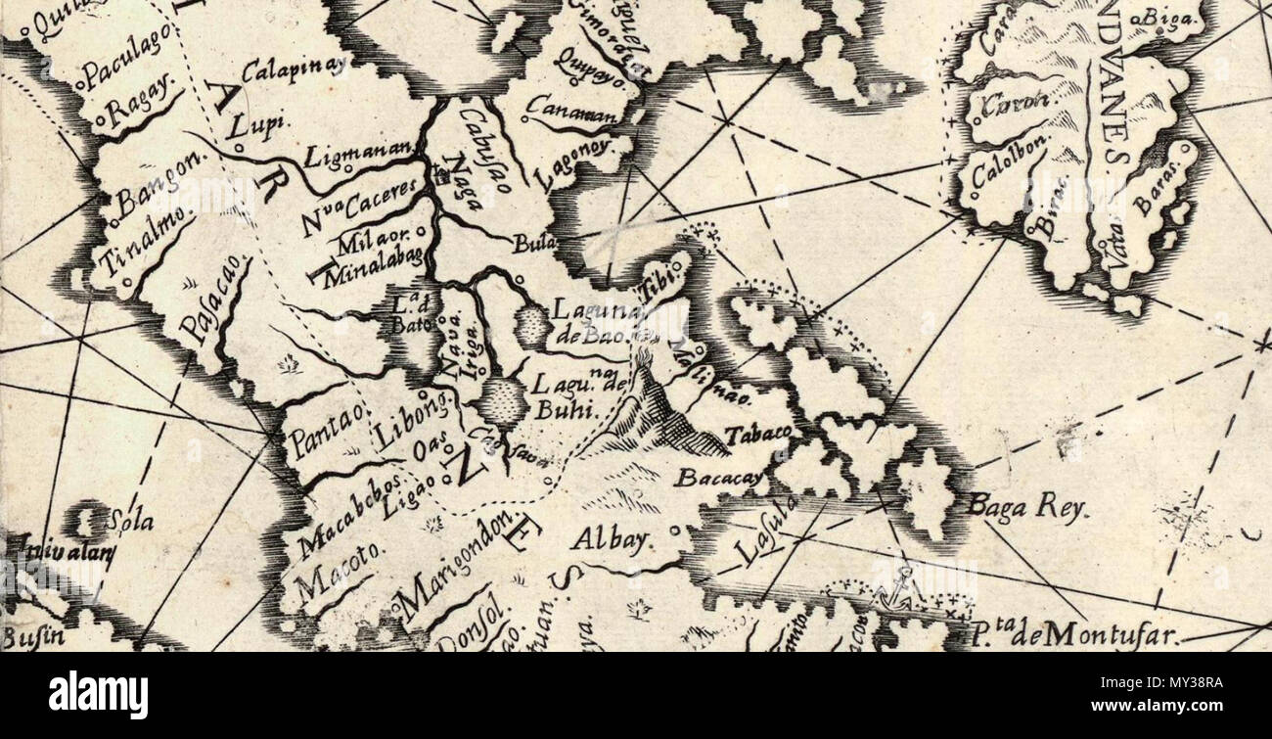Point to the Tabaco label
click(x=757, y=433)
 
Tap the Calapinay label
click(x=294, y=69)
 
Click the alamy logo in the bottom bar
click(x=98, y=696)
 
